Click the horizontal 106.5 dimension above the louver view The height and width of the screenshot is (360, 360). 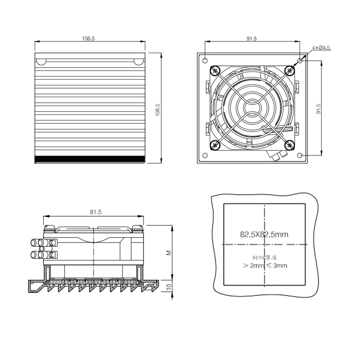coord(88,39)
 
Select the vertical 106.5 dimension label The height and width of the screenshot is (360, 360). coord(157,109)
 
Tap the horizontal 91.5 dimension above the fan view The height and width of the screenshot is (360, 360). coord(252,39)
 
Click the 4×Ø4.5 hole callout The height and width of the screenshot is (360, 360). coord(321,48)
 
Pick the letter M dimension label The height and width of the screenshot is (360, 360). coord(168,253)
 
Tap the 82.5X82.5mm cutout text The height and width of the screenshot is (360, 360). coord(264,234)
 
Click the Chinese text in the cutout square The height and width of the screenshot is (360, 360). coord(264,258)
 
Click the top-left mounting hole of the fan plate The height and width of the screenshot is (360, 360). coord(205,60)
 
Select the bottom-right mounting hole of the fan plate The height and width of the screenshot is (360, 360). coord(300,155)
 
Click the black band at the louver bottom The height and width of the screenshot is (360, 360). coord(90,159)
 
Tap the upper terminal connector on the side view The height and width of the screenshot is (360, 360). coord(52,243)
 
